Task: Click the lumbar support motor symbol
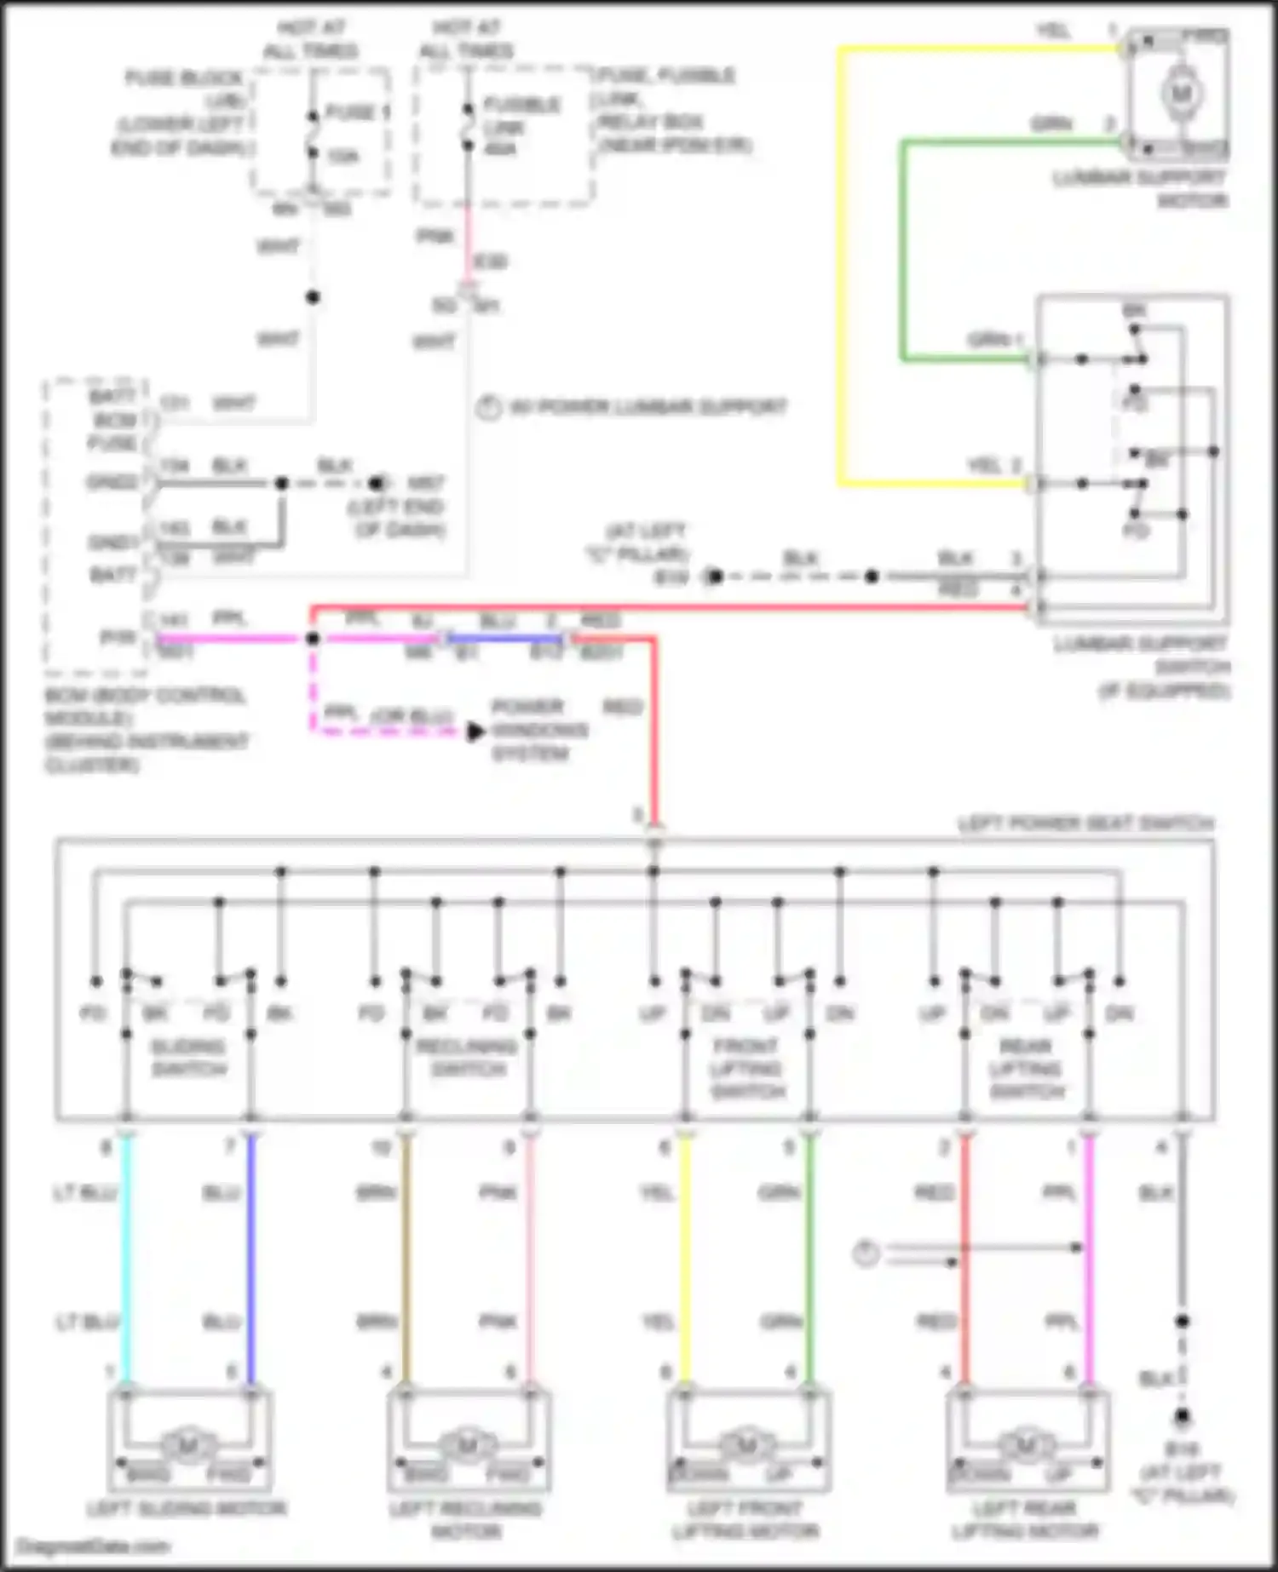tap(1180, 93)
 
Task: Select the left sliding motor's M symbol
tap(187, 1444)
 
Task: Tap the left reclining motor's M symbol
tap(467, 1444)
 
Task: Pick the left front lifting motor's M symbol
tap(746, 1444)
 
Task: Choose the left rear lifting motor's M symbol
tap(1026, 1444)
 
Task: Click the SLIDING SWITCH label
tap(187, 1057)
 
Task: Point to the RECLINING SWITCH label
tap(467, 1057)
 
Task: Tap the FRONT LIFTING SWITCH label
tap(746, 1068)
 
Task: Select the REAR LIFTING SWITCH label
tap(1026, 1068)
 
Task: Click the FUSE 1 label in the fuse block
tap(356, 112)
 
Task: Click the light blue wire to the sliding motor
tap(126, 1260)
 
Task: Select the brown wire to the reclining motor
tap(406, 1260)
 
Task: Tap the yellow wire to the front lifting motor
tap(685, 1260)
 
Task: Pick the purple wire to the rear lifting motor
tap(1089, 1260)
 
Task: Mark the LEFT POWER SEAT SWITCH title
tap(1085, 823)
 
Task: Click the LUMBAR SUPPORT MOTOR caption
tap(1140, 189)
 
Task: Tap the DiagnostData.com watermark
tap(93, 1546)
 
